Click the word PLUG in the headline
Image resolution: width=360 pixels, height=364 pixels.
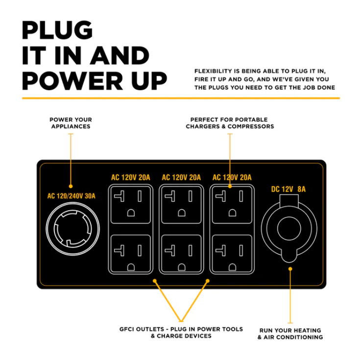(x=57, y=30)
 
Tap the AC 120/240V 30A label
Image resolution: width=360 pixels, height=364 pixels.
(x=72, y=196)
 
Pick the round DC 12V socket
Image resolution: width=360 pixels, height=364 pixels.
(x=288, y=228)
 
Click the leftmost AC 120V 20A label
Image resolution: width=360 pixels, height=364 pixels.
(x=131, y=177)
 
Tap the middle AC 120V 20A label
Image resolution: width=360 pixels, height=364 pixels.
(x=181, y=177)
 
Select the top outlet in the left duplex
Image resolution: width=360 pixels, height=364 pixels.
(x=131, y=203)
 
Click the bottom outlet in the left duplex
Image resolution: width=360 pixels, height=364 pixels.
(x=131, y=254)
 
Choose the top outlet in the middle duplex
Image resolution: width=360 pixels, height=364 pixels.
(x=181, y=203)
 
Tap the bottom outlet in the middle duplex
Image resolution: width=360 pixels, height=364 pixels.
(x=181, y=254)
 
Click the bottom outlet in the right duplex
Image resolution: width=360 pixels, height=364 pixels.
(x=231, y=254)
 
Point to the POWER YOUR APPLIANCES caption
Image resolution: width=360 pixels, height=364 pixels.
(x=71, y=123)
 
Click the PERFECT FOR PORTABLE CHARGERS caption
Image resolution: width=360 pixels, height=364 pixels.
(x=229, y=123)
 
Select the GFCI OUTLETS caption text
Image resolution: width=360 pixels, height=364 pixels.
(x=181, y=332)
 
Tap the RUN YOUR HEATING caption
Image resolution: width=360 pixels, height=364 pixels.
(x=290, y=334)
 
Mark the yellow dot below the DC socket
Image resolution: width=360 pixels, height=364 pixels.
(x=290, y=268)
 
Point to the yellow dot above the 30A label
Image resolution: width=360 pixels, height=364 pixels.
(x=71, y=186)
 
